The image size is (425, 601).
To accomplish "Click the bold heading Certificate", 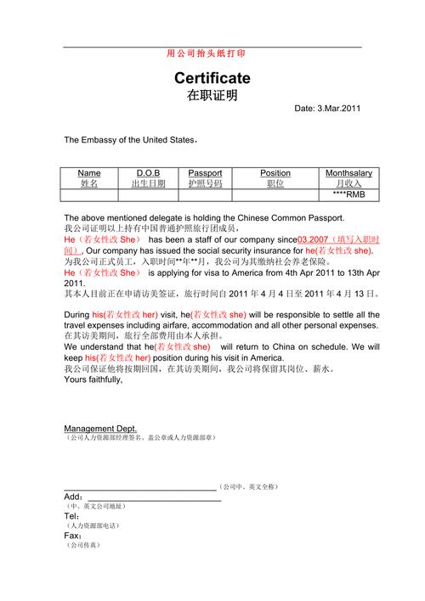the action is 212,78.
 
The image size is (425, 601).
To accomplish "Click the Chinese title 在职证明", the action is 212,95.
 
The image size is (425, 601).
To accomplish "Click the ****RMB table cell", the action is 348,194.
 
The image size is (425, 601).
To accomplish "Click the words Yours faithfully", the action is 93,379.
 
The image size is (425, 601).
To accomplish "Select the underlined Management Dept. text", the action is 100,429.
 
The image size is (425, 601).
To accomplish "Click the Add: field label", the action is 73,497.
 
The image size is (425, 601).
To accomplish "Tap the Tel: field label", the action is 72,516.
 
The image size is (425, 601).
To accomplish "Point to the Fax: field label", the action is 73,536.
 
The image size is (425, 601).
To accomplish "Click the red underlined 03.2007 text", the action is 313,240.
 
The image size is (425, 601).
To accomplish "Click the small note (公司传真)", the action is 84,545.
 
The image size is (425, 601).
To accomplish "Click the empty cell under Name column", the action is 89,194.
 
